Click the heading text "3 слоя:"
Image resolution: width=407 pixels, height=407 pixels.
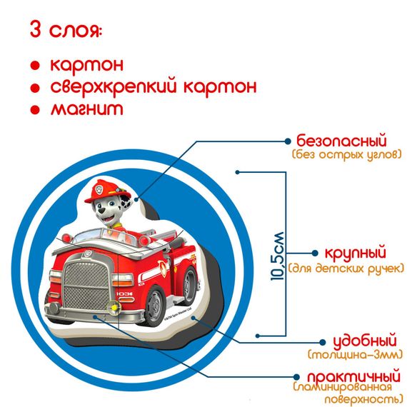click(x=66, y=31)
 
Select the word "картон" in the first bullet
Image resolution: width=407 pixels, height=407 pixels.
click(x=86, y=64)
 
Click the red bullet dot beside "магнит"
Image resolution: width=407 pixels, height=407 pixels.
click(x=34, y=111)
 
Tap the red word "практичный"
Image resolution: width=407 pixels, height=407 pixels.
click(x=352, y=376)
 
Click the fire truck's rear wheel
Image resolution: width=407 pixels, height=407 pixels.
click(x=184, y=285)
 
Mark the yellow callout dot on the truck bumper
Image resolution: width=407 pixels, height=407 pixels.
click(x=112, y=308)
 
